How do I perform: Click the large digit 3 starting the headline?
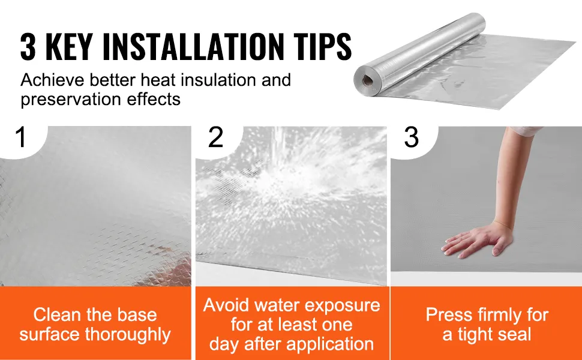[x=28, y=46]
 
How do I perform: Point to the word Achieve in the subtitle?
[x=53, y=80]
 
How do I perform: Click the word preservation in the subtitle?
[x=71, y=100]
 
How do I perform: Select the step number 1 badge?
[x=21, y=137]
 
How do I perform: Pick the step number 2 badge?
[x=216, y=137]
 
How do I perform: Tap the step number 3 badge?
[x=411, y=137]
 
